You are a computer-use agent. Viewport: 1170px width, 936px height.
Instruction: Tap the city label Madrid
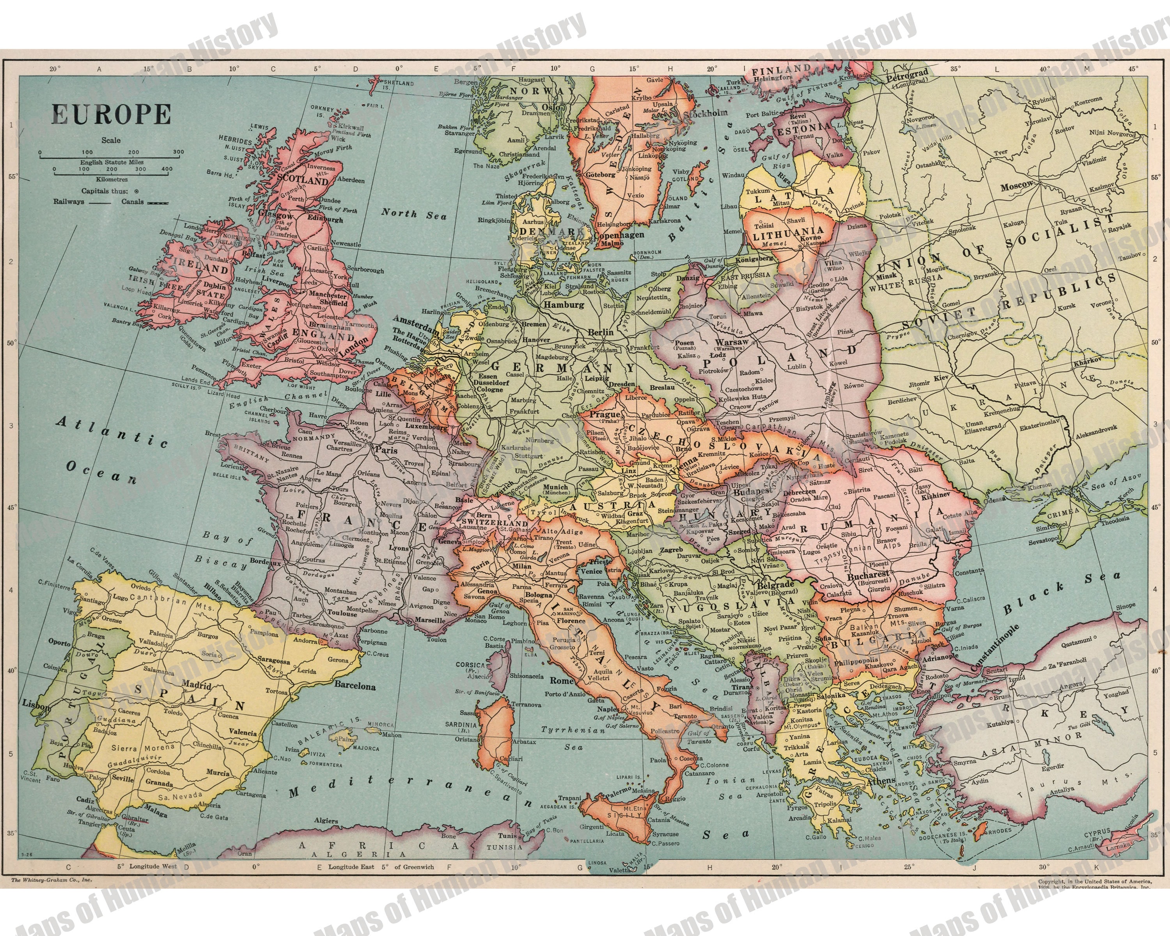197,685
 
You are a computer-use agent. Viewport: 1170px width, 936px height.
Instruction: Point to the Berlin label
600,332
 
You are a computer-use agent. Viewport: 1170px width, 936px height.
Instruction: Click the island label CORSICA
470,665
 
